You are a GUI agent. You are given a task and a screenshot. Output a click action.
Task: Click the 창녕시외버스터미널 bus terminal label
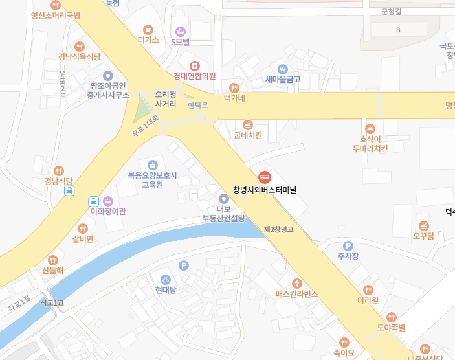pyautogui.click(x=264, y=190)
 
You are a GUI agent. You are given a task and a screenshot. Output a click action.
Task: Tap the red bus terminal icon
pyautogui.click(x=264, y=176)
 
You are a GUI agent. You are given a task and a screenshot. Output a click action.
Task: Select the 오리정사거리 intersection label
pyautogui.click(x=166, y=99)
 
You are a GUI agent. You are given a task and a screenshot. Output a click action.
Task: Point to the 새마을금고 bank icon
pyautogui.click(x=283, y=69)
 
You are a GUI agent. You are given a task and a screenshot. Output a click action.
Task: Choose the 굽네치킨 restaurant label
pyautogui.click(x=248, y=136)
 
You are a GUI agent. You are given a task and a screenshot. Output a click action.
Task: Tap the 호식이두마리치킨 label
pyautogui.click(x=370, y=144)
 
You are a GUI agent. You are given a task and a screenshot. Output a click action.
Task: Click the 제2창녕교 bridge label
pyautogui.click(x=278, y=229)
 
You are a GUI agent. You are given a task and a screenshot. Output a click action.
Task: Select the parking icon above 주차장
pyautogui.click(x=348, y=245)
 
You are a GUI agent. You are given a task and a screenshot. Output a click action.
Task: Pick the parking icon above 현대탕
pyautogui.click(x=183, y=265)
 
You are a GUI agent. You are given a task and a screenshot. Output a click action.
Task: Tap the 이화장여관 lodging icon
pyautogui.click(x=108, y=201)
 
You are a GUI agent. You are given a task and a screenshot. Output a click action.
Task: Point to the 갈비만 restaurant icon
pyautogui.click(x=83, y=229)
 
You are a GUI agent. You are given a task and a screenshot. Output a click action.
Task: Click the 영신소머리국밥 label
pyautogui.click(x=56, y=16)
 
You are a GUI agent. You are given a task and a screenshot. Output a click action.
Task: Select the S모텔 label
pyautogui.click(x=181, y=42)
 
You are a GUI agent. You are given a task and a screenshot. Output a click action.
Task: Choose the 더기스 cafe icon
pyautogui.click(x=148, y=30)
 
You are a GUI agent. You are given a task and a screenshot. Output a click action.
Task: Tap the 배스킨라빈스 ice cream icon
pyautogui.click(x=297, y=284)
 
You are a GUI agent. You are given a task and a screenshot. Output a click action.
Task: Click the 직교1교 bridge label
pyautogui.click(x=52, y=302)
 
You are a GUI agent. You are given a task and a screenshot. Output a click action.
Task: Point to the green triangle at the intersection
pyautogui.click(x=142, y=113)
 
